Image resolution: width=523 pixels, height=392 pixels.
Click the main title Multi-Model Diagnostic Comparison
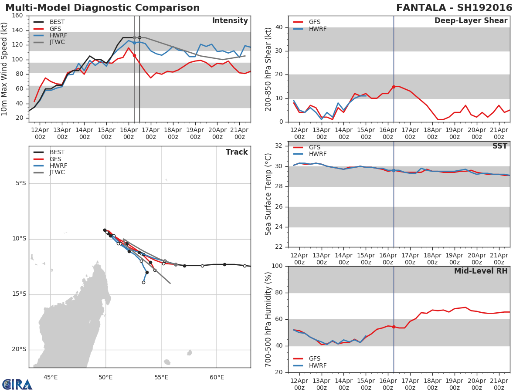102,8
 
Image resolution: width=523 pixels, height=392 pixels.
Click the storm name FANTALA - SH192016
454,8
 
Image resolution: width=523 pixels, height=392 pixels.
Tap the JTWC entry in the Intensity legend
57,42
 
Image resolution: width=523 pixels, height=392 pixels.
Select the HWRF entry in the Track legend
58,166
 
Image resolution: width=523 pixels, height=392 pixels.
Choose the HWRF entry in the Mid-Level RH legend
317,365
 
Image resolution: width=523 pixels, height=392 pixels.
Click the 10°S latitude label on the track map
19,239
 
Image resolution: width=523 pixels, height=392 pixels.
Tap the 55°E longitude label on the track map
161,377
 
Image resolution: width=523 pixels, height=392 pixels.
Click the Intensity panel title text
230,21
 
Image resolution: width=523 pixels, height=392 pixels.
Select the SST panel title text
499,146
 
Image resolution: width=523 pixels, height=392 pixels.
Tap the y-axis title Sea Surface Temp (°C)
268,194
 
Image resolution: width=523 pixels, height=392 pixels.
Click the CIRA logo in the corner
17,384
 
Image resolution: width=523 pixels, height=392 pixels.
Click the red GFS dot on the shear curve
394,87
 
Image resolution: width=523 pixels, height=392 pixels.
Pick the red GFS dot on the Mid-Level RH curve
394,327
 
